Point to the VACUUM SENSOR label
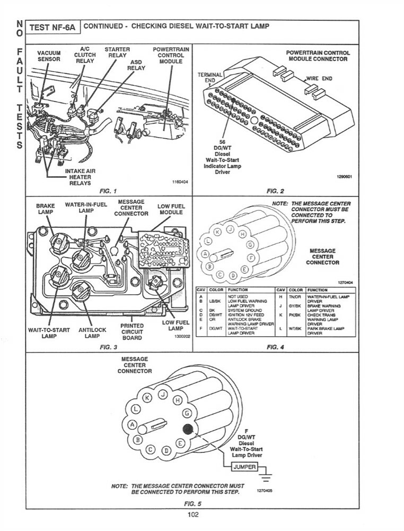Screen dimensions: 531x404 tap(49, 56)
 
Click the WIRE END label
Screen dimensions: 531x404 tap(319, 79)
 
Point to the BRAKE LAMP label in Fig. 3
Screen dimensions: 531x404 tap(46, 209)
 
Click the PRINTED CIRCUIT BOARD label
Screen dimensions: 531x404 tap(132, 332)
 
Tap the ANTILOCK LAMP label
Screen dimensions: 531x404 tap(92, 333)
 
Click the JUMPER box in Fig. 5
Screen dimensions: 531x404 tap(244, 467)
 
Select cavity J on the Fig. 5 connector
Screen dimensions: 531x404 tap(164, 393)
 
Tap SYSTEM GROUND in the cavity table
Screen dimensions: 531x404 tap(241, 310)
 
